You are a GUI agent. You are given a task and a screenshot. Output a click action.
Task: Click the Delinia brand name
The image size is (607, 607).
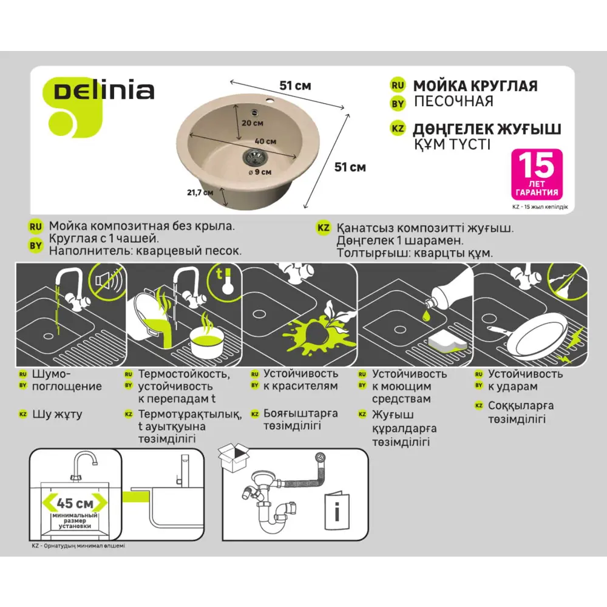(x=104, y=92)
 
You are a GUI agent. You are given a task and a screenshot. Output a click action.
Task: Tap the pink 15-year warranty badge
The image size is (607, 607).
(x=537, y=174)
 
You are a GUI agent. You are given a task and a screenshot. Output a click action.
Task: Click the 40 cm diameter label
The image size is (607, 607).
(x=265, y=141)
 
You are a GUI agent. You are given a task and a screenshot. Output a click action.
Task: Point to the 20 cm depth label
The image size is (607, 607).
(x=253, y=123)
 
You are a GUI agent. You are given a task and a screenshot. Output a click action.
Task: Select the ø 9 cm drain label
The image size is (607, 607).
(x=260, y=172)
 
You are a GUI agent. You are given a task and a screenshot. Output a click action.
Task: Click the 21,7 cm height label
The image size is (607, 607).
(x=200, y=192)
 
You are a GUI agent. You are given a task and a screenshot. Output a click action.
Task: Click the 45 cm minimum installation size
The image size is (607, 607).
(x=75, y=503)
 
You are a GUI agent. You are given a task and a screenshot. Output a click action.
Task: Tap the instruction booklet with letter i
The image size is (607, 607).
(x=337, y=511)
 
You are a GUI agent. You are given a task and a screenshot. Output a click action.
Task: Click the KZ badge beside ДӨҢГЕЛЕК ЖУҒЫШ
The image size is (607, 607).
(x=397, y=129)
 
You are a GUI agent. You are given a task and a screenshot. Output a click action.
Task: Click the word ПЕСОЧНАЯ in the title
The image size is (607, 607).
(x=453, y=101)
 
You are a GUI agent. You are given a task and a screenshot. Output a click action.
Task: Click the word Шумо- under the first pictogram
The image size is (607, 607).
(x=51, y=374)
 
